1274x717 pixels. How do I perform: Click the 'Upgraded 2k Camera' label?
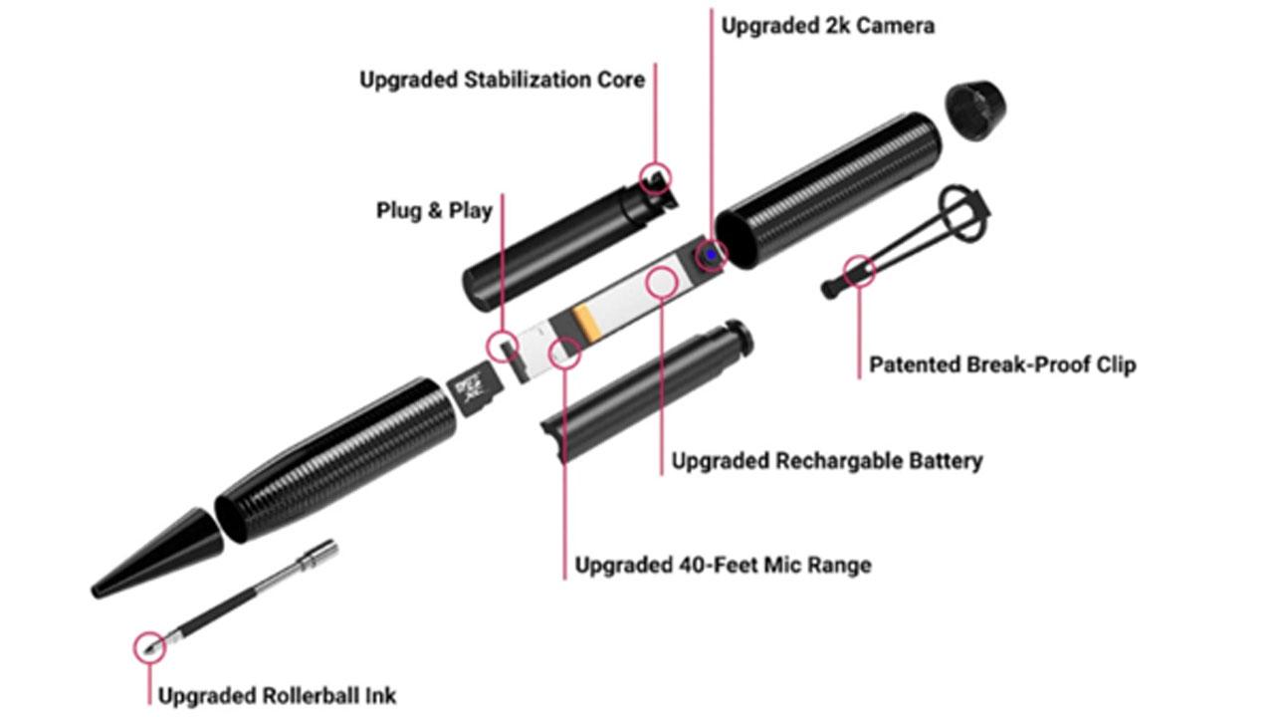tap(827, 26)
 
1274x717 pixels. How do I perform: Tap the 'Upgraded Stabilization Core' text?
tap(503, 80)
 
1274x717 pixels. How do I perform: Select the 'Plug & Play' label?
tap(434, 210)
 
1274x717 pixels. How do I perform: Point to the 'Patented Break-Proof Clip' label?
tap(1002, 364)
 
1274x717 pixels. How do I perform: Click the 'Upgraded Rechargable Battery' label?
tap(827, 461)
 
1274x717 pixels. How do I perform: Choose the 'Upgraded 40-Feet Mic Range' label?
tap(723, 565)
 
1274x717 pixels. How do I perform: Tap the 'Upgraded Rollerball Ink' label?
tap(277, 695)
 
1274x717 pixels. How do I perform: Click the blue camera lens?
tap(711, 254)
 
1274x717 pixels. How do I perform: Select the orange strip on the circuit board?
tap(586, 323)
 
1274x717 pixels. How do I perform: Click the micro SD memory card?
tap(474, 388)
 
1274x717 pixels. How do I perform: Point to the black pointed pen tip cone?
tap(157, 553)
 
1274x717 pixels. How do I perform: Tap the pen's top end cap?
tap(974, 110)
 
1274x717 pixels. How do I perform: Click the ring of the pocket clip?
tap(961, 214)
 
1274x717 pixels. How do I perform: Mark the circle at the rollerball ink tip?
tap(149, 647)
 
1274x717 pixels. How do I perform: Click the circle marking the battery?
tap(662, 282)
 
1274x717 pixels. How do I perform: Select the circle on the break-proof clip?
tap(859, 271)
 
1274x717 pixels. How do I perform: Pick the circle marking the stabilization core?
tap(655, 177)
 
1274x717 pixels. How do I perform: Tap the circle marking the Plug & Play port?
tap(503, 347)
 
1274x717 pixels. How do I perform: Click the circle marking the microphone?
tap(564, 353)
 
